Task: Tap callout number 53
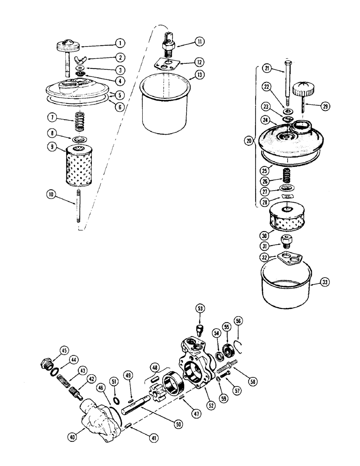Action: click(201, 308)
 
